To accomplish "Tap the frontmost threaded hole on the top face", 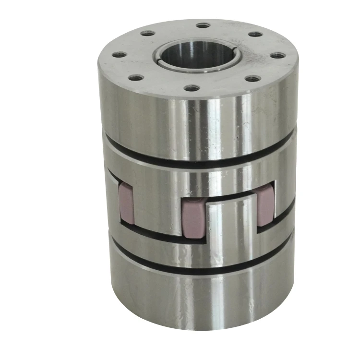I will tap(192, 88).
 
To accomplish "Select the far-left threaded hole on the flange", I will tap(119, 55).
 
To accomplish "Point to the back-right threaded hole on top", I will tap(255, 34).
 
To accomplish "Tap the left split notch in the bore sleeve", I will tap(157, 59).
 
